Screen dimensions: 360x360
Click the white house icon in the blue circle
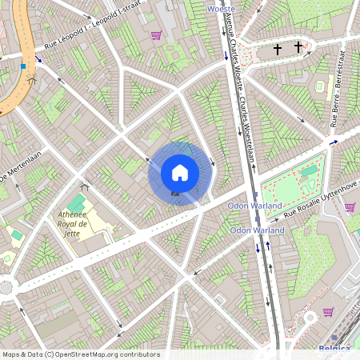coord(180,172)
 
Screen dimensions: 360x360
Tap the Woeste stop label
coord(221,8)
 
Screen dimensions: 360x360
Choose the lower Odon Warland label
coord(257,230)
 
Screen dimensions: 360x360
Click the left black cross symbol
coord(278,50)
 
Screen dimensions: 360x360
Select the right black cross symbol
coord(298,47)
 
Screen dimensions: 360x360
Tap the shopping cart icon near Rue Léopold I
coord(155,35)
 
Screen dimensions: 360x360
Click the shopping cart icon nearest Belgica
coord(328,312)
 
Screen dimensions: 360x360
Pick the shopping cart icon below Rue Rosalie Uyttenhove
coord(350,207)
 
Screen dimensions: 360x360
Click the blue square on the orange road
coord(23,66)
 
